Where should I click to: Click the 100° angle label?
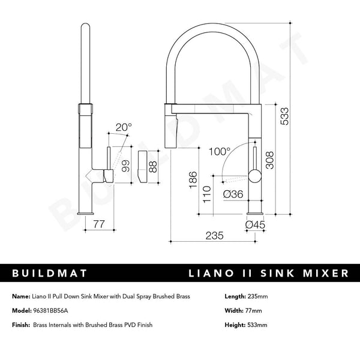tap(219, 152)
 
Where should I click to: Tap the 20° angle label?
tap(124, 127)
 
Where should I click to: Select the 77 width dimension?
tap(99, 224)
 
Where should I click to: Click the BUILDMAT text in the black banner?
tap(50, 274)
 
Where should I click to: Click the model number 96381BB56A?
tap(50, 311)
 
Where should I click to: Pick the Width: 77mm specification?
tap(244, 311)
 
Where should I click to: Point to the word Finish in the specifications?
tap(20, 325)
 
